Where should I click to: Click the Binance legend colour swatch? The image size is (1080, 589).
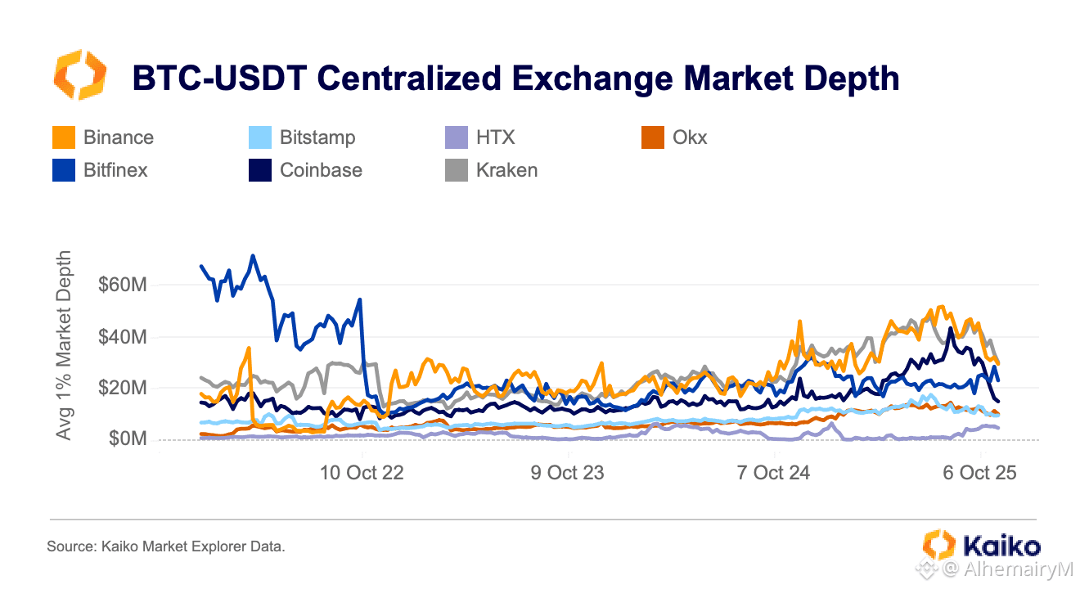(64, 137)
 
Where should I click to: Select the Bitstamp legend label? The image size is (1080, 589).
(317, 138)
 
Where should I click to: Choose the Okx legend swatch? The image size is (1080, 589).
(653, 137)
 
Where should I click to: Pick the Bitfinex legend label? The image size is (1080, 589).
(115, 170)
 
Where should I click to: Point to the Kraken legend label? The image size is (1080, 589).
(506, 170)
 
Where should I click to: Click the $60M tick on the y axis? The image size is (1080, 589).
(123, 285)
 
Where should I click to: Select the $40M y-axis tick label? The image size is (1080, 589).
(123, 336)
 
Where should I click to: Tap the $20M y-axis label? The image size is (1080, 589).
(123, 388)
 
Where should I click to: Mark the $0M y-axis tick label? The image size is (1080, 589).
(128, 438)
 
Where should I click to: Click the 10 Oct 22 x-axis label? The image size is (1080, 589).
(362, 473)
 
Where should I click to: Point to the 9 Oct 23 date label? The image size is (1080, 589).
(568, 473)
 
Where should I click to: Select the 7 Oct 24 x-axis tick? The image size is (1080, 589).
(773, 473)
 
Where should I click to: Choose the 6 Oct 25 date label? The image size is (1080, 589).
(979, 473)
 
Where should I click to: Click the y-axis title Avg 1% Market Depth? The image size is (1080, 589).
(64, 345)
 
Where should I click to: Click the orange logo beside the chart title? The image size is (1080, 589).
(79, 75)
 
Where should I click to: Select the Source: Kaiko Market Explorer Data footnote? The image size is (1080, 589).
(166, 546)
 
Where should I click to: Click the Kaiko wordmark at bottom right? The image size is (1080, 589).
(1002, 546)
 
